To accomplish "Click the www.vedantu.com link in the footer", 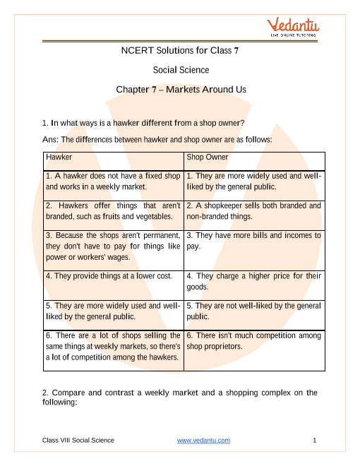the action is (203, 441).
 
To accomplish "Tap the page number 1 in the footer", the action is (314, 441).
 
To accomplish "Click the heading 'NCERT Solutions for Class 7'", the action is (180, 50).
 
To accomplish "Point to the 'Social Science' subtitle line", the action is (180, 70).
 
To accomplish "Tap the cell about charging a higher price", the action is (253, 282).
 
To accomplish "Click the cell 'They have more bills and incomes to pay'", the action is (253, 241).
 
